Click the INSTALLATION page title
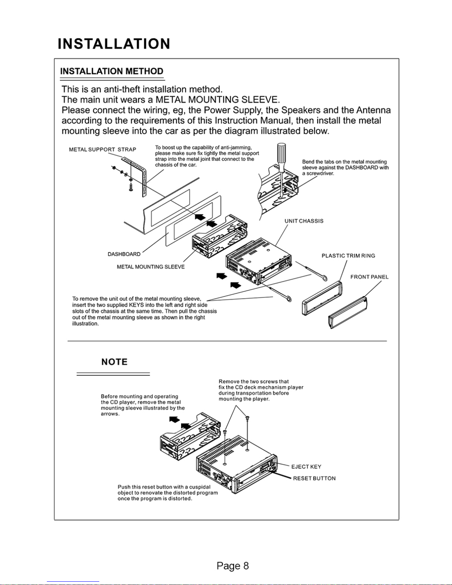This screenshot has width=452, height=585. tap(114, 44)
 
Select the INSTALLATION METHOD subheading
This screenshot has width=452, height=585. tap(112, 71)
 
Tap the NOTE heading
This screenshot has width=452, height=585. tap(114, 362)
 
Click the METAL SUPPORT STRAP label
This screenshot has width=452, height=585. tap(103, 149)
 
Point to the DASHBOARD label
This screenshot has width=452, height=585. tap(124, 254)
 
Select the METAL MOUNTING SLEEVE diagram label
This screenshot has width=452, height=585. tap(151, 267)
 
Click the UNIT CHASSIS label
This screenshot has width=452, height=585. tap(304, 221)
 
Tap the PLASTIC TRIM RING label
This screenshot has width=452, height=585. tap(348, 256)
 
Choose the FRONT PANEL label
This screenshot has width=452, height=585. tap(369, 277)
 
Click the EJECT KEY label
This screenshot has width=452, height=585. tap(306, 467)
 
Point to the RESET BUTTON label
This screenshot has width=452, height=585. tap(314, 478)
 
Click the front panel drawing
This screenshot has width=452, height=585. tap(348, 313)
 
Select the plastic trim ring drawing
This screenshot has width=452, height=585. tap(322, 298)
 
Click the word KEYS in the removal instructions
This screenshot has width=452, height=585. tap(137, 305)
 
